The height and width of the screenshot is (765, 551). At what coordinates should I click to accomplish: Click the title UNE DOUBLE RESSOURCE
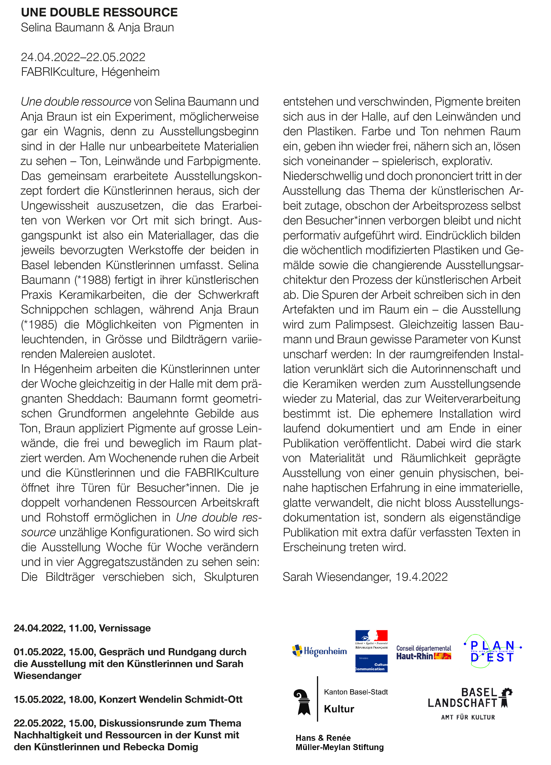(x=99, y=13)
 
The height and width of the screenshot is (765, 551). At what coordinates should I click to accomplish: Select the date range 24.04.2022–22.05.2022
(x=83, y=57)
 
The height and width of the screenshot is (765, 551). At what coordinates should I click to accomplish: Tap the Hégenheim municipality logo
(x=319, y=651)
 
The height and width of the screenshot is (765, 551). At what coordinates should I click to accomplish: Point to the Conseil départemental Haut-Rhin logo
(x=424, y=652)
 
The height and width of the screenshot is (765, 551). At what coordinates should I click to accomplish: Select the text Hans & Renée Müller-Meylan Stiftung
(x=340, y=742)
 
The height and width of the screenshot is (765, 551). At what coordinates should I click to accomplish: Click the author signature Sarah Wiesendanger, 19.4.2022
(x=365, y=577)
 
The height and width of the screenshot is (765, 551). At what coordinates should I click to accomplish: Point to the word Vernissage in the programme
(x=125, y=628)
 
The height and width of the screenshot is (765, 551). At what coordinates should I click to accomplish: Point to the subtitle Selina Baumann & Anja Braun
(x=97, y=28)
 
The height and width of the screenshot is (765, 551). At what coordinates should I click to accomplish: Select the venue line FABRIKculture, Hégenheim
(x=90, y=72)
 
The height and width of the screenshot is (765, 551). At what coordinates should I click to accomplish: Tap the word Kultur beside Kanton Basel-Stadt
(x=339, y=709)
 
